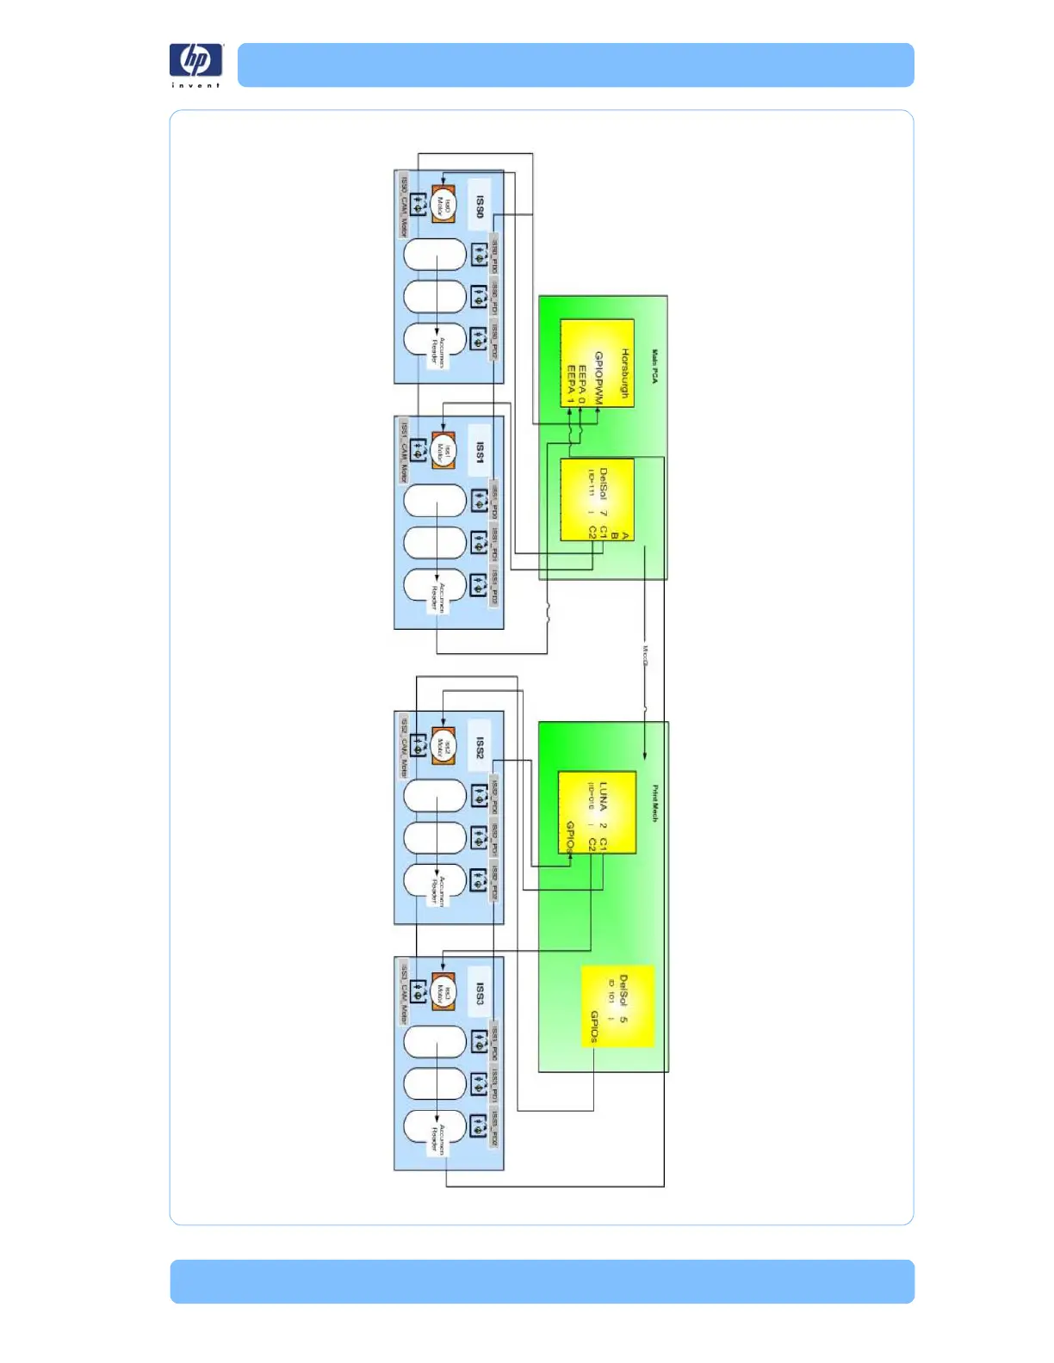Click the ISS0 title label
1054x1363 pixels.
[x=480, y=207]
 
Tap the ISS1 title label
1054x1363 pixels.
[x=480, y=453]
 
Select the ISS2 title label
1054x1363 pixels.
[x=480, y=748]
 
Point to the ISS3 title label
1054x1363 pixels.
[x=480, y=994]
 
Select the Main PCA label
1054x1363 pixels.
[x=654, y=366]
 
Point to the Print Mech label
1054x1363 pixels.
[x=654, y=803]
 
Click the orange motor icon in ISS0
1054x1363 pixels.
[x=443, y=205]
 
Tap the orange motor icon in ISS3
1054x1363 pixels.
[x=443, y=992]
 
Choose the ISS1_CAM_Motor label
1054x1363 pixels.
[x=404, y=451]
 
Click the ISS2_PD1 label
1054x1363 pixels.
[x=495, y=838]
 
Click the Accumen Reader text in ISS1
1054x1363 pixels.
[x=437, y=595]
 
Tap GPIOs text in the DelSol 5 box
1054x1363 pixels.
[x=594, y=1027]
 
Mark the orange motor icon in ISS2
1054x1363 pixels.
[x=443, y=746]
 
